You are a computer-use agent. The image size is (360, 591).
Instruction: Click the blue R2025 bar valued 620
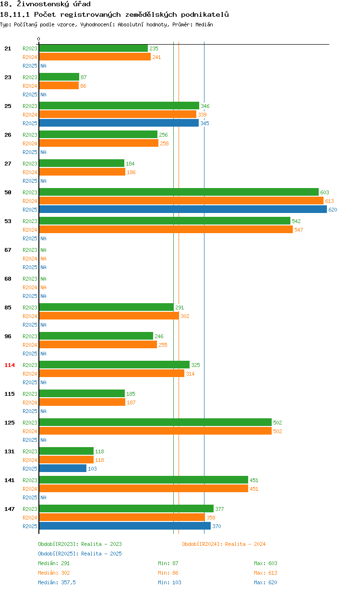click(x=182, y=210)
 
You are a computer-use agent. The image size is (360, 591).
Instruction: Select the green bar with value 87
click(x=59, y=77)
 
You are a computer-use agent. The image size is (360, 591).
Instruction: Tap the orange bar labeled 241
click(x=95, y=57)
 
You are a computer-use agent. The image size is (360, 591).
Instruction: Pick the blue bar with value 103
click(x=62, y=468)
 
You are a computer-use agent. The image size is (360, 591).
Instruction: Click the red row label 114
click(x=10, y=365)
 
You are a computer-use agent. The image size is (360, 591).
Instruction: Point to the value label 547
click(x=299, y=230)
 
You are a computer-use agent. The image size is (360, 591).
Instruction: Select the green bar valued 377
click(x=126, y=508)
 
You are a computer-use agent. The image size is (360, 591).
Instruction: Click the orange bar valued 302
click(x=108, y=316)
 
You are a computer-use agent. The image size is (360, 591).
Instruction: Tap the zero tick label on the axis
click(x=39, y=39)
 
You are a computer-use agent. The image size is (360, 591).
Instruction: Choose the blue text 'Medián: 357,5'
click(x=57, y=582)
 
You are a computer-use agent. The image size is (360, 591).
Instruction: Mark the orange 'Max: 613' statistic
click(x=265, y=573)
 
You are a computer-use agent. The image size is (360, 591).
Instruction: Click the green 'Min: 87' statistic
click(x=168, y=563)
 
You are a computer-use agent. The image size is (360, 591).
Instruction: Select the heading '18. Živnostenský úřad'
click(x=45, y=4)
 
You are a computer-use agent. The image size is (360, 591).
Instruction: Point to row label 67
click(x=8, y=250)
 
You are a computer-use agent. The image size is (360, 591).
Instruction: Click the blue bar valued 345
click(x=119, y=123)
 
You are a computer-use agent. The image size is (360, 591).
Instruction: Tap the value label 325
click(x=195, y=365)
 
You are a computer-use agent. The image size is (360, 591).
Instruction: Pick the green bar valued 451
click(x=143, y=480)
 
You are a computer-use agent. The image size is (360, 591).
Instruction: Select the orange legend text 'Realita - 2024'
click(x=245, y=544)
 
